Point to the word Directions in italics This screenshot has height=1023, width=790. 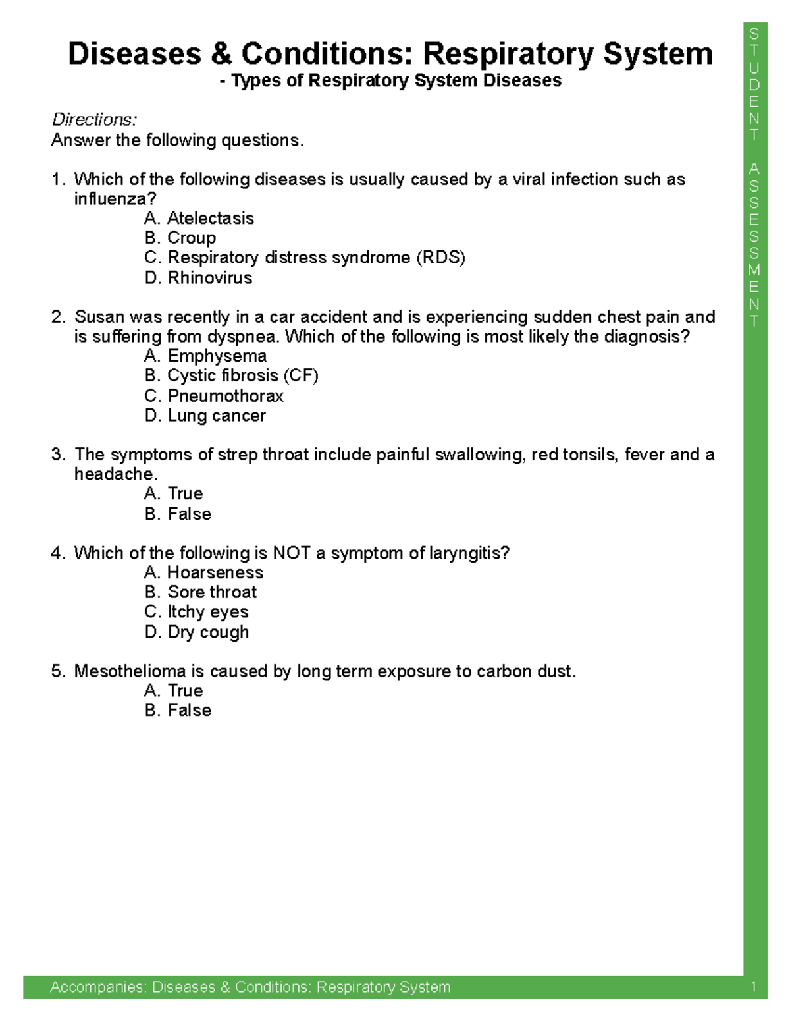pyautogui.click(x=94, y=120)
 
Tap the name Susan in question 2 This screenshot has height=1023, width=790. pyautogui.click(x=99, y=317)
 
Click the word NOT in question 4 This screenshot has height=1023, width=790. pyautogui.click(x=292, y=553)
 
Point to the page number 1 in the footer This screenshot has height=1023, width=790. pyautogui.click(x=754, y=987)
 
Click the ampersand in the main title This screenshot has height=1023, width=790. pyautogui.click(x=221, y=54)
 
